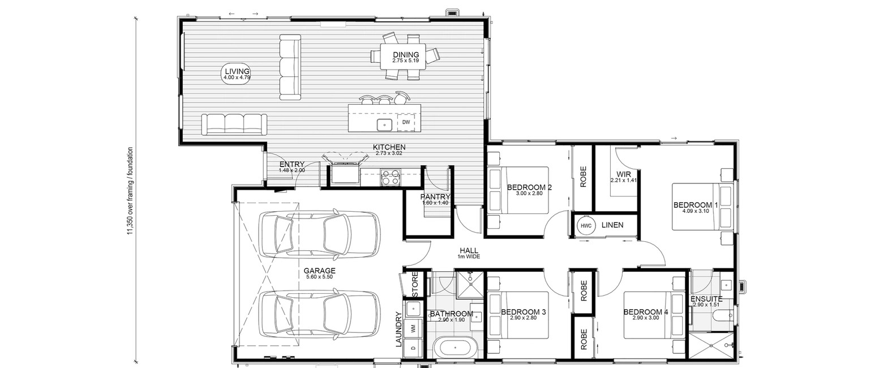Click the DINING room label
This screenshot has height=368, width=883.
(x=406, y=55)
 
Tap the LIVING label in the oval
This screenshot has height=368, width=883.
(x=237, y=71)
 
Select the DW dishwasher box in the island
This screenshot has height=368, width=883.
(x=406, y=122)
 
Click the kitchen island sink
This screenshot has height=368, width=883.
(x=384, y=125)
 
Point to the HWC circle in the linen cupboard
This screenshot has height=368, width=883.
(x=586, y=226)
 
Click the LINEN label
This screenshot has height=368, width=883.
(x=612, y=225)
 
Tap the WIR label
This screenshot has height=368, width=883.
(x=624, y=174)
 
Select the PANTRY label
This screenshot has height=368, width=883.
(x=435, y=197)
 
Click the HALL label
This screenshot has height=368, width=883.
(x=469, y=250)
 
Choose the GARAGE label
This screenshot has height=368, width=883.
(x=319, y=271)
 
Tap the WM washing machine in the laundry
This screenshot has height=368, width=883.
(x=413, y=328)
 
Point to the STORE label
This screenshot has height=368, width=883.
(x=415, y=284)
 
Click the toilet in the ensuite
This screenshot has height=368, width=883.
(x=723, y=315)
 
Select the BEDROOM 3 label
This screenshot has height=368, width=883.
(x=523, y=313)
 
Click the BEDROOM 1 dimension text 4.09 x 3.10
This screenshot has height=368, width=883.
(x=695, y=211)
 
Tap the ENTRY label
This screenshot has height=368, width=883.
(x=292, y=165)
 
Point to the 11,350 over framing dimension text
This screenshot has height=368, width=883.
(x=130, y=192)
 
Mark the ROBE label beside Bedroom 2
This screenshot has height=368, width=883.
(x=584, y=176)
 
